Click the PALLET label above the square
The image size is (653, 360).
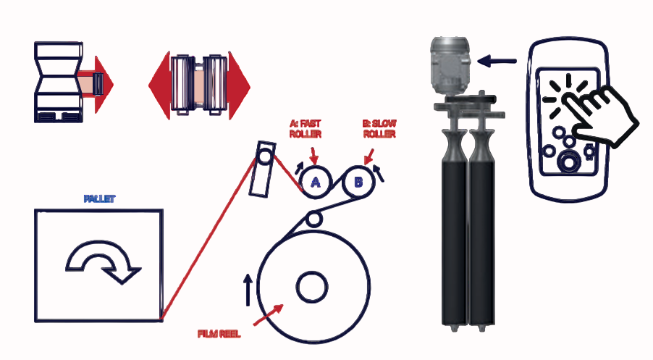click(x=99, y=198)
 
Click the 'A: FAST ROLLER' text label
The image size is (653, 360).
click(x=306, y=129)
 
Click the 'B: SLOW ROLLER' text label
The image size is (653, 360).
click(x=379, y=129)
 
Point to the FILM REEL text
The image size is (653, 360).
click(x=219, y=334)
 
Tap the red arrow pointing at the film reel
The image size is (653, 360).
click(x=269, y=314)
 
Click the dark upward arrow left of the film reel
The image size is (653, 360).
click(x=248, y=290)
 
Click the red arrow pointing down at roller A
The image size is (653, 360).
click(x=313, y=156)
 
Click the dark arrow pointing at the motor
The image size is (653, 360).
click(x=497, y=62)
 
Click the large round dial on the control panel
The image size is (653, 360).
click(x=569, y=162)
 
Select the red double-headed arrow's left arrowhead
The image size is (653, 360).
click(x=159, y=85)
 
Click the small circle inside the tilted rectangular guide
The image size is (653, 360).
click(x=265, y=156)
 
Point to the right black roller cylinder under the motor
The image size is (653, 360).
click(x=482, y=229)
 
